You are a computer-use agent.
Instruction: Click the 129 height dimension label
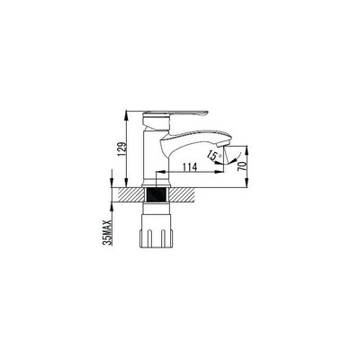(121, 148)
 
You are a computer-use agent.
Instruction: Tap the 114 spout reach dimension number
(190, 166)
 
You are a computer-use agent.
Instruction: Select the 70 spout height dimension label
(241, 166)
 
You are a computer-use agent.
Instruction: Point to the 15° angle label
(215, 156)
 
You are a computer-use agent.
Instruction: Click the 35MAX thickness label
(108, 232)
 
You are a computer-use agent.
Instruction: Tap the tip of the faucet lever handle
(207, 112)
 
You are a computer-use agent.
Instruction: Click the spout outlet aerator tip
(223, 144)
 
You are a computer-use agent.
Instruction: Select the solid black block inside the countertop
(156, 195)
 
